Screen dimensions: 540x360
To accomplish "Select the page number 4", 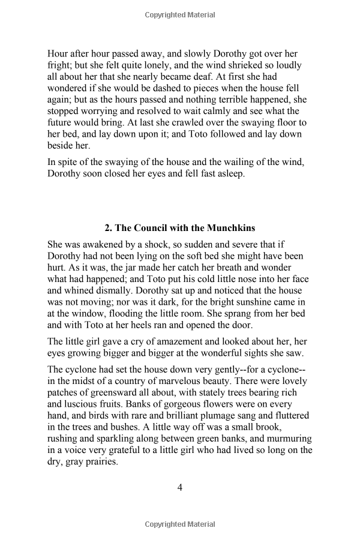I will click(x=179, y=487).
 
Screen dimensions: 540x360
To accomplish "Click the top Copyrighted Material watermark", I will click(x=179, y=15).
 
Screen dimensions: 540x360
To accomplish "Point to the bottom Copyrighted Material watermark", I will click(x=179, y=525).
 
